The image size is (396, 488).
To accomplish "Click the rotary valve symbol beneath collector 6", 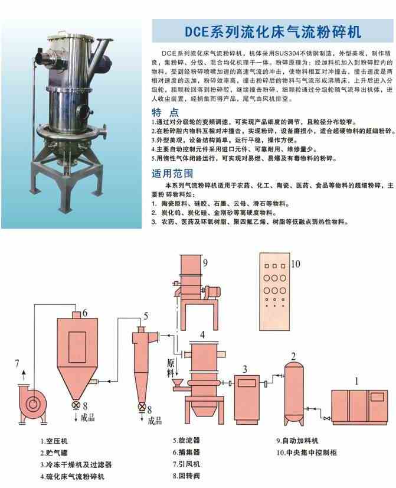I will (x=76, y=406).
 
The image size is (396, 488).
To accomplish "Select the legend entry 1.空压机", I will (x=55, y=441).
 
